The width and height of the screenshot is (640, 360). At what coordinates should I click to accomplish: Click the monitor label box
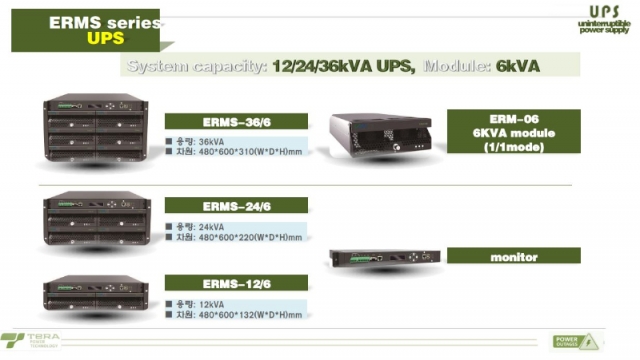click(x=514, y=257)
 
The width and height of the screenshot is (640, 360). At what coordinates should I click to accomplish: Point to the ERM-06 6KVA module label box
click(x=514, y=132)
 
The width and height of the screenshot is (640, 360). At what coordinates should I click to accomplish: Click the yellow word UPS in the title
click(x=105, y=38)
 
